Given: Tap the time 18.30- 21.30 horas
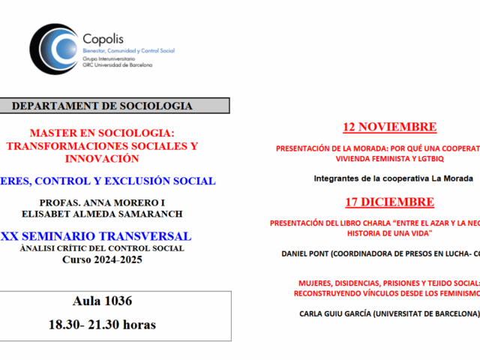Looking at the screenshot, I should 102,304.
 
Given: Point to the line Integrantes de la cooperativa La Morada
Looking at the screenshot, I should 393,178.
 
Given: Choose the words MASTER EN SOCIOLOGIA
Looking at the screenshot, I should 102,132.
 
